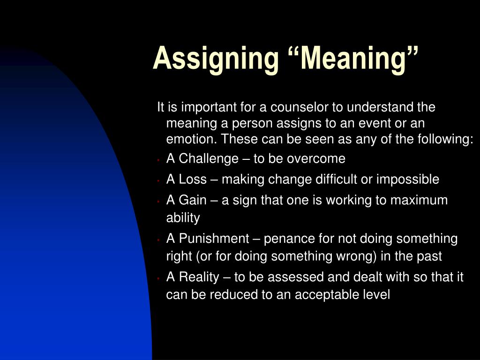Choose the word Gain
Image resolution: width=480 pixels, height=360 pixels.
[x=193, y=200]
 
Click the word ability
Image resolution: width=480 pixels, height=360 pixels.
[x=183, y=218]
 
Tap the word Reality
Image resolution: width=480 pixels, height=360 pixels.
[x=199, y=277]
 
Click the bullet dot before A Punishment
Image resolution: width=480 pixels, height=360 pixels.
[x=159, y=240]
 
